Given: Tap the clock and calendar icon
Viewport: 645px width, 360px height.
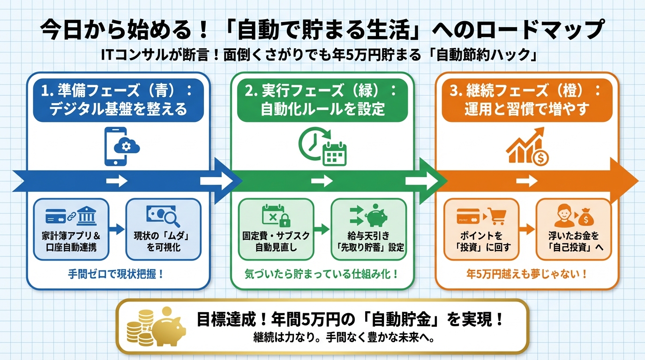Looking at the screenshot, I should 322,147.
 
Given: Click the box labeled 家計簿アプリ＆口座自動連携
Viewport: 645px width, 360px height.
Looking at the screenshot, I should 71,229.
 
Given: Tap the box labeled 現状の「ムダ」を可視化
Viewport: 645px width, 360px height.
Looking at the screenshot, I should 164,229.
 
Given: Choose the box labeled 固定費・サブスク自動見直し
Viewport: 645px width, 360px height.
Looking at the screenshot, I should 276,229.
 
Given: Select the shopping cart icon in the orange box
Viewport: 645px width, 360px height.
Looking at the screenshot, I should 496,216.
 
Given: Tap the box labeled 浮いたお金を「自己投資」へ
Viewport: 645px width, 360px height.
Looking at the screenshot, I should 574,229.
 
